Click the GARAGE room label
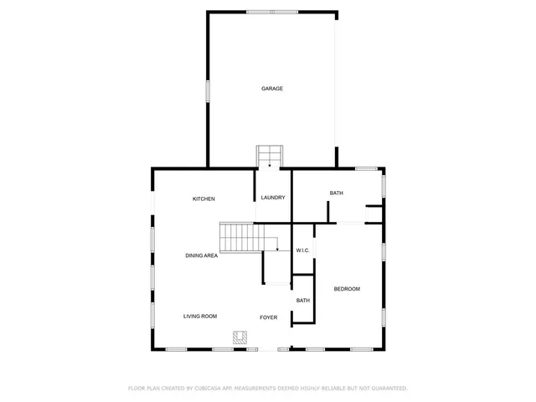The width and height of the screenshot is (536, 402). click(271, 88)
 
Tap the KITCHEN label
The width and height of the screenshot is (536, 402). click(204, 198)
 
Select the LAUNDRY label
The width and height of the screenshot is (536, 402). click(273, 198)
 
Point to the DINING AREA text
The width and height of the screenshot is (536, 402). click(202, 255)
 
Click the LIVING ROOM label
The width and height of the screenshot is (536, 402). click(201, 316)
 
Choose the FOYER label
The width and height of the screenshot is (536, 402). click(268, 317)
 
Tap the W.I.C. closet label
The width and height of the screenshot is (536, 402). click(303, 250)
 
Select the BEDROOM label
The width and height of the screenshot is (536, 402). click(347, 289)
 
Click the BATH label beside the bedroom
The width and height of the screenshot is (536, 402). click(302, 301)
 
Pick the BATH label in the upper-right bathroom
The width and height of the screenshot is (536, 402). click(336, 193)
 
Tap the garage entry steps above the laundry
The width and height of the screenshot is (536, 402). click(270, 157)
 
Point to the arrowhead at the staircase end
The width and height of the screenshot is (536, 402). click(277, 250)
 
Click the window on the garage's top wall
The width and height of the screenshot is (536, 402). click(272, 12)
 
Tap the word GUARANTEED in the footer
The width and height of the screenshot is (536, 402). click(388, 389)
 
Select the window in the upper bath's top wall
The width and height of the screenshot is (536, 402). click(366, 169)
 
